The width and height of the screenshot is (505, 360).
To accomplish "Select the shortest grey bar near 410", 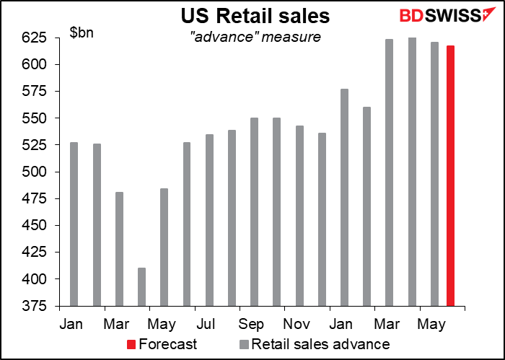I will [141, 286].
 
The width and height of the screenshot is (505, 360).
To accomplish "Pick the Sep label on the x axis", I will [251, 322].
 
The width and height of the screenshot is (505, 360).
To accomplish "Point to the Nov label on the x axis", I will [296, 322].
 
